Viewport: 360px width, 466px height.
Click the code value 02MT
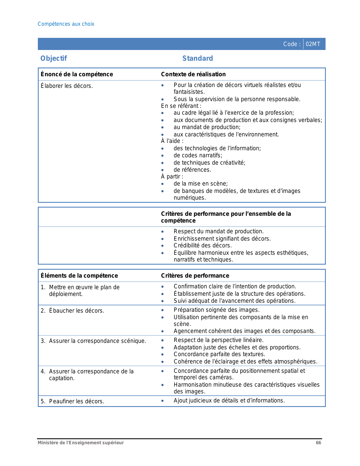(313, 44)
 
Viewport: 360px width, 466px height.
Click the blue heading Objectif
(54, 58)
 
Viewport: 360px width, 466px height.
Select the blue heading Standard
(198, 58)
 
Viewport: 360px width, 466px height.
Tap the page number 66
(318, 443)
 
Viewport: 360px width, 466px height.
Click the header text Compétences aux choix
(66, 24)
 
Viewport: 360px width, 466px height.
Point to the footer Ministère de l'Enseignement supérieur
(81, 443)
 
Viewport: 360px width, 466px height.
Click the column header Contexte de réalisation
(193, 74)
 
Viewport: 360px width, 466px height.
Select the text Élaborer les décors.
(67, 86)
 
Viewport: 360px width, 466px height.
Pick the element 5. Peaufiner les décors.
(73, 401)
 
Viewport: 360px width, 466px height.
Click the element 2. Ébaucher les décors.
(73, 311)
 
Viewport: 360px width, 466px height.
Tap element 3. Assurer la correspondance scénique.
(93, 341)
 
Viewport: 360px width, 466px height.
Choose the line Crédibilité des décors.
(202, 245)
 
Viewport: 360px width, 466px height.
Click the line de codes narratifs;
(198, 155)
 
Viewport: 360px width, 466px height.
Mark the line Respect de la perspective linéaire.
(219, 340)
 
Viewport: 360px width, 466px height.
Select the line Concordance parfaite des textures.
(219, 354)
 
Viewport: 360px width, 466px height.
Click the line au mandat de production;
(207, 127)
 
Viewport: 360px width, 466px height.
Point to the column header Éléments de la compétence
(79, 276)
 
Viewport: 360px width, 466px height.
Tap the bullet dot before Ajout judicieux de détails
(162, 401)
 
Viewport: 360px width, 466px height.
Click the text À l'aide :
(172, 141)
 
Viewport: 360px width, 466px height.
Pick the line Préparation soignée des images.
(216, 310)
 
